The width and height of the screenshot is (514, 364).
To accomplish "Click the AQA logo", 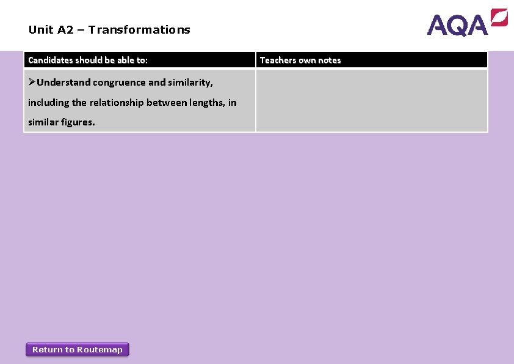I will tap(466, 23).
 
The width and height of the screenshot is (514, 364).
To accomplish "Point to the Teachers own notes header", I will tap(300, 60).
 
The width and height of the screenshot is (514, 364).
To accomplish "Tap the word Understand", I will tap(63, 82).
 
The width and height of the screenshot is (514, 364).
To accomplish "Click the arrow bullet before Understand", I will tap(32, 82).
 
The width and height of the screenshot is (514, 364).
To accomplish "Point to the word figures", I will tap(78, 122).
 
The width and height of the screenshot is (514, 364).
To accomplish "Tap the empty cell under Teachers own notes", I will tap(371, 100).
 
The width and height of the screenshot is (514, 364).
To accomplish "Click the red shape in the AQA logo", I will tap(499, 18).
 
